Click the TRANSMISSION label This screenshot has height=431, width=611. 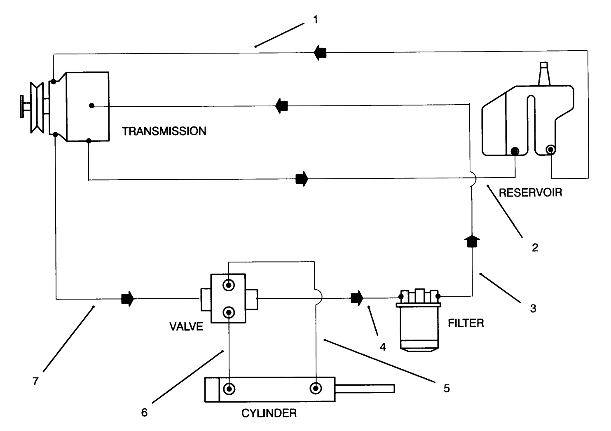coord(164,131)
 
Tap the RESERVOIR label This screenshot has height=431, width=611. coord(530,192)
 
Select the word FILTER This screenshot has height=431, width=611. coord(466,323)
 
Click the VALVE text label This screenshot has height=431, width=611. coord(186,327)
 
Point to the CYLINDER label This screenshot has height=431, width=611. coord(269,413)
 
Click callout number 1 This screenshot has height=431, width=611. coord(316,19)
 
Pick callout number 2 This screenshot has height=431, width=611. coord(535,248)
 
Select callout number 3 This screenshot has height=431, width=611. coord(533,308)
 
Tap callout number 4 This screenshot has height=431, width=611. coord(383,347)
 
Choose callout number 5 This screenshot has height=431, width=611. coord(447,388)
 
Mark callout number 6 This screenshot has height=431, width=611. coord(144,412)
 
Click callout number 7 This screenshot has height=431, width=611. coord(35,382)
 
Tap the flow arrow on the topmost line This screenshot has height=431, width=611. coord(320,52)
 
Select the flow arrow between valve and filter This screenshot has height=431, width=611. coord(357,298)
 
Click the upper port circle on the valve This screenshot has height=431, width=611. coord(228,285)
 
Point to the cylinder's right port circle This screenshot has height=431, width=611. coord(316,388)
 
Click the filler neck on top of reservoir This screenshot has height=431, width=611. coord(545,74)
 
